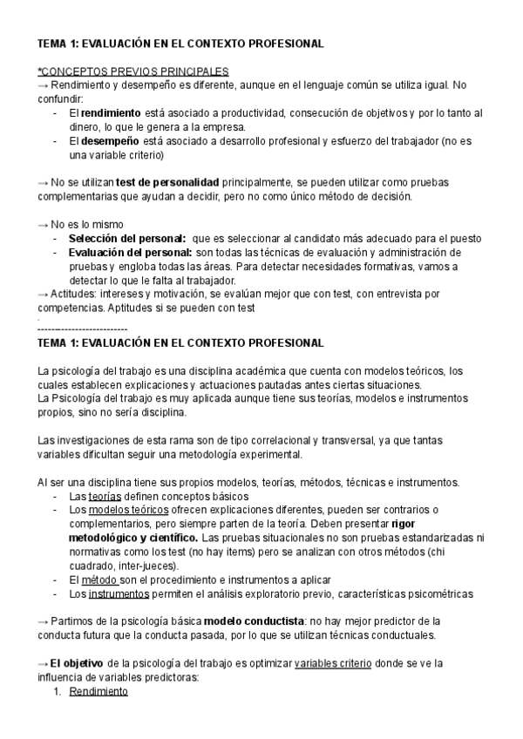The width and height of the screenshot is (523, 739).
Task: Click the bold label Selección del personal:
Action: pos(126,239)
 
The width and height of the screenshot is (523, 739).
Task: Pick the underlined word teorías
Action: pos(105,496)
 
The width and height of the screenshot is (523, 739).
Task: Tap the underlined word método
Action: pos(98,580)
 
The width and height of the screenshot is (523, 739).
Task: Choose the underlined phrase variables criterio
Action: pos(333,663)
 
